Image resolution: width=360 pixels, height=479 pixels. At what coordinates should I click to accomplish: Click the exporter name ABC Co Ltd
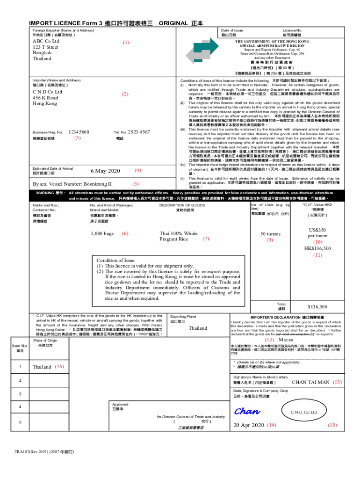click(x=45, y=41)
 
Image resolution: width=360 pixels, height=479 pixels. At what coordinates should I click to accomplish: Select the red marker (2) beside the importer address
click(x=125, y=94)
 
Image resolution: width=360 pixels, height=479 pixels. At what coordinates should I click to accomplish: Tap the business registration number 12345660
click(x=79, y=132)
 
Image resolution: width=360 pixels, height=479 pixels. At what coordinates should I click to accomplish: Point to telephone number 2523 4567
click(x=138, y=132)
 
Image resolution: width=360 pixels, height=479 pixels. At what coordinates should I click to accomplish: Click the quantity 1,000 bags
click(x=102, y=233)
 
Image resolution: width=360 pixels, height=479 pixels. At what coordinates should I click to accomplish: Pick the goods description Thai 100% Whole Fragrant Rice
click(x=179, y=236)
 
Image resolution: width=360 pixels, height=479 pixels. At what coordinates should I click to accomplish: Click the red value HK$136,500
click(x=317, y=248)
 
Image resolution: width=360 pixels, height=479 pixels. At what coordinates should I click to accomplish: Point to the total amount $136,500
click(x=317, y=307)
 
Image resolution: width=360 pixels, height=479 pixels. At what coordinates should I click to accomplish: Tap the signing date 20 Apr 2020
click(x=249, y=425)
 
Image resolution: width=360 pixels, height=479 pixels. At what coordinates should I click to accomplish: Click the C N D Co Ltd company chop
click(x=304, y=412)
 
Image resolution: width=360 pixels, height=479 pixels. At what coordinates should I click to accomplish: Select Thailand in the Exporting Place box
click(x=198, y=328)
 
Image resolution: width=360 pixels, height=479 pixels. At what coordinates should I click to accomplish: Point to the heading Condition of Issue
click(x=115, y=261)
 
